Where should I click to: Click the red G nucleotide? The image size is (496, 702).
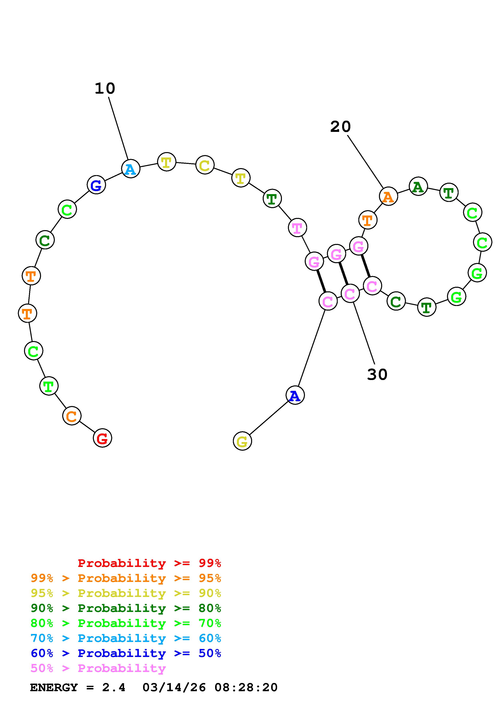(102, 438)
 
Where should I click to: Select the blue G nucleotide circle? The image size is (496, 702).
(96, 185)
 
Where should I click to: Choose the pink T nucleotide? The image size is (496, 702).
(297, 228)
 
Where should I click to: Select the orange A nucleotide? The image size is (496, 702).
(388, 196)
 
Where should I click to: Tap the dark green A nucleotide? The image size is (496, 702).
(418, 186)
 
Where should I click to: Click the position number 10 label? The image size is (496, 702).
(105, 89)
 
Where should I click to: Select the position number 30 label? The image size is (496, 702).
(377, 375)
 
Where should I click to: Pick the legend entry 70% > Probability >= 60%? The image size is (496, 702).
(126, 638)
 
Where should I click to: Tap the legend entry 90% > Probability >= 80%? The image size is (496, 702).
(126, 608)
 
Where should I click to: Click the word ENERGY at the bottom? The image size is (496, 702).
(54, 688)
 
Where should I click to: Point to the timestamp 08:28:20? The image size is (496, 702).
(246, 688)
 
